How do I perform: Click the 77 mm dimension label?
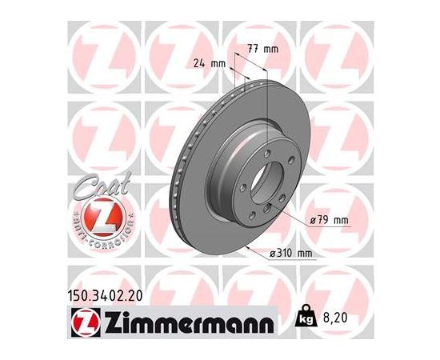tap(262, 49)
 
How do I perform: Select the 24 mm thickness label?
tap(210, 64)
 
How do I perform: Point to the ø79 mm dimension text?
tap(329, 220)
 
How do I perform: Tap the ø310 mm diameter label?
tap(290, 254)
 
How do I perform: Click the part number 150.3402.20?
tap(106, 296)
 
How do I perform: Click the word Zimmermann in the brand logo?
tap(189, 322)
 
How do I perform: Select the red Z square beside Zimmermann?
tap(86, 322)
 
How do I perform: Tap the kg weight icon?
tap(306, 316)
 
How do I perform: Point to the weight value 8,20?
tap(335, 318)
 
